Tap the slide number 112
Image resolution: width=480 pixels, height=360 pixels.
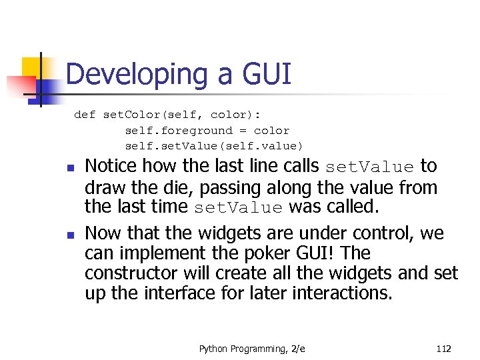(x=443, y=349)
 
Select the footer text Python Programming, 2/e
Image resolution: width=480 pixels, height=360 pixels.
(x=253, y=349)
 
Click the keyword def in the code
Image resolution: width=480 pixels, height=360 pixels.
(x=85, y=115)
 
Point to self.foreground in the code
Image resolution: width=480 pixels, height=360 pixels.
(x=179, y=131)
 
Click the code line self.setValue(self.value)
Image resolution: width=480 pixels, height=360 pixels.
(x=213, y=146)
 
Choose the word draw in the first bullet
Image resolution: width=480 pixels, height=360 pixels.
(x=105, y=187)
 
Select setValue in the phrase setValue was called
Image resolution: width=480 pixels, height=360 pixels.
(x=238, y=207)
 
